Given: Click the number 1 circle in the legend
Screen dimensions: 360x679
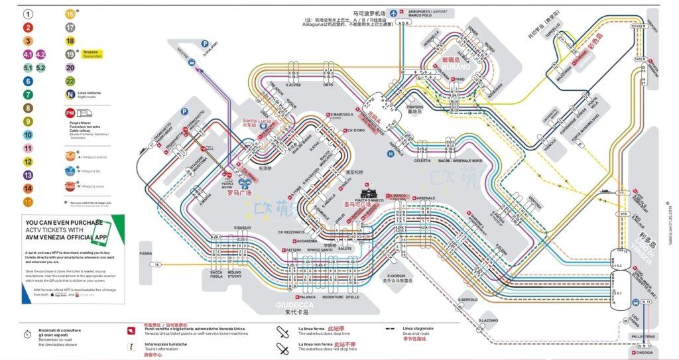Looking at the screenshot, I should (x=28, y=13).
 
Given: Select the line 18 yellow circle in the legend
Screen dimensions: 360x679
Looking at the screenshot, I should (x=70, y=41).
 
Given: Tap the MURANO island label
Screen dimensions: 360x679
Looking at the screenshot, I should (x=456, y=67).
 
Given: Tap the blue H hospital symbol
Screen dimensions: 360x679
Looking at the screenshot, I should (x=391, y=153).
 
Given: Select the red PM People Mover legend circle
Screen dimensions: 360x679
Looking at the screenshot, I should (x=70, y=113).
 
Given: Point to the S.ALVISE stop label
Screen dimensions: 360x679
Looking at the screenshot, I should (x=294, y=85).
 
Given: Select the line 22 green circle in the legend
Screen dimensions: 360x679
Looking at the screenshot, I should (x=70, y=81).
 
